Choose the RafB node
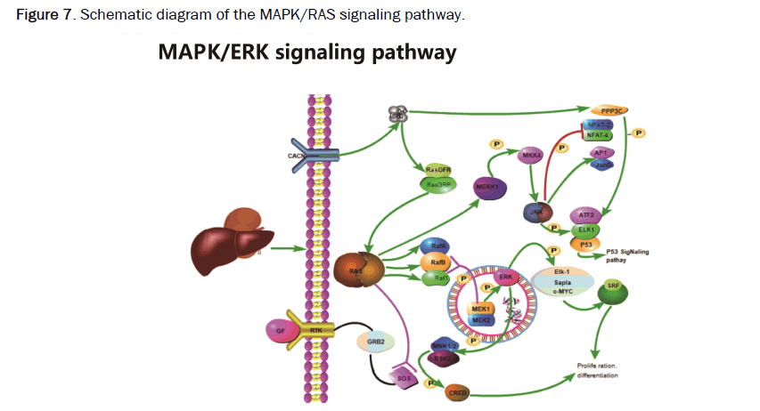click(x=438, y=262)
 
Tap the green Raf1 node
click(x=439, y=278)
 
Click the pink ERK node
click(x=504, y=278)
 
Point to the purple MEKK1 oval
click(x=486, y=188)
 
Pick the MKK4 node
click(x=532, y=157)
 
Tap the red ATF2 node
click(x=586, y=214)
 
